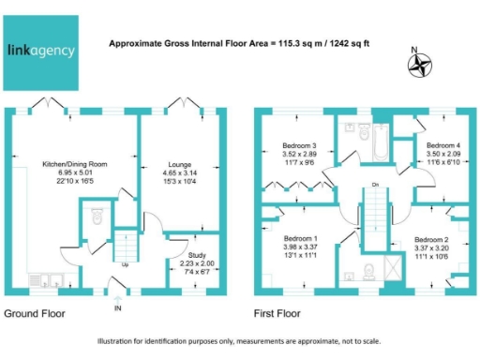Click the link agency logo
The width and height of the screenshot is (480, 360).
tap(43, 52)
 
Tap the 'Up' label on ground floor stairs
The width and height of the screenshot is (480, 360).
tap(125, 265)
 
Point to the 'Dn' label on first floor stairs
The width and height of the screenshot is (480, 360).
tap(375, 185)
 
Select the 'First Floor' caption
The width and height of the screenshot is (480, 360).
tap(283, 312)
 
